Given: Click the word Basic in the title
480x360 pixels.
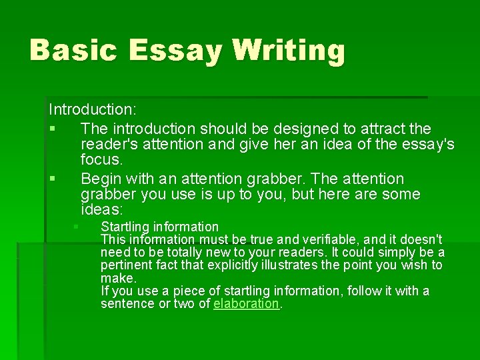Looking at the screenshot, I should click(72, 50).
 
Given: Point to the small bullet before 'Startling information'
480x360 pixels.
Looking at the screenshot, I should click(77, 227).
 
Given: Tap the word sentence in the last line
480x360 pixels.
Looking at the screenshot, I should click(127, 303).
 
